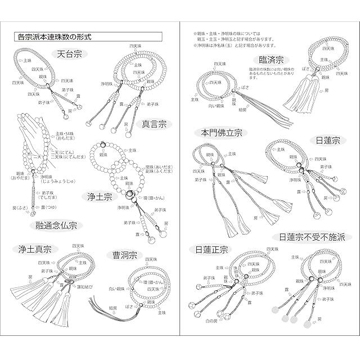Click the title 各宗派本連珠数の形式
(x=53, y=38)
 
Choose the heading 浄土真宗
(x=34, y=250)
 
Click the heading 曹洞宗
(x=124, y=255)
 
